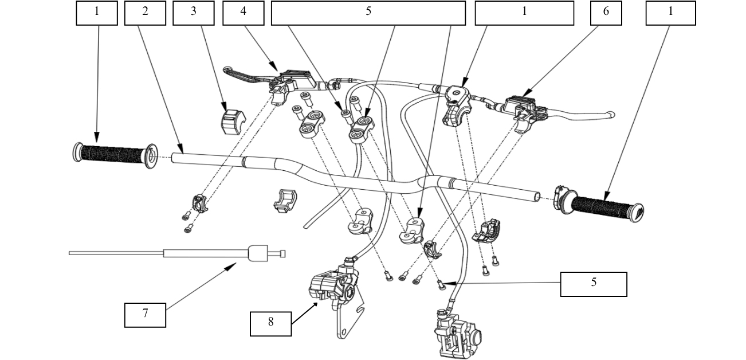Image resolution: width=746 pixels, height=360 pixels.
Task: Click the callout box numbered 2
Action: tap(145, 13)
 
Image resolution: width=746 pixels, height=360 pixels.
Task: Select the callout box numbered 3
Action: tap(194, 13)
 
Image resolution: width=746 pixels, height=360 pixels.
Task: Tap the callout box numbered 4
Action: tap(244, 13)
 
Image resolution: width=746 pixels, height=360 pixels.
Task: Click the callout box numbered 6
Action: tap(606, 13)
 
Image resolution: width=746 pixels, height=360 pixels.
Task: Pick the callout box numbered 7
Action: tap(146, 315)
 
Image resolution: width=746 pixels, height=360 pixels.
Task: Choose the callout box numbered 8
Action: tap(271, 323)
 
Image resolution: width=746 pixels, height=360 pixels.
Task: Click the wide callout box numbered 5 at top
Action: tap(368, 13)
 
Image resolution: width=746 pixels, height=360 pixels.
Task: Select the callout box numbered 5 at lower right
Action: tap(594, 284)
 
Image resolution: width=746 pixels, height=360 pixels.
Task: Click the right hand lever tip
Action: tap(611, 115)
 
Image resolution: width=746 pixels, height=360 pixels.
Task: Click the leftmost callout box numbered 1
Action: tap(97, 13)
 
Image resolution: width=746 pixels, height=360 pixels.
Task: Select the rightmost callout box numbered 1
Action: tap(671, 13)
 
